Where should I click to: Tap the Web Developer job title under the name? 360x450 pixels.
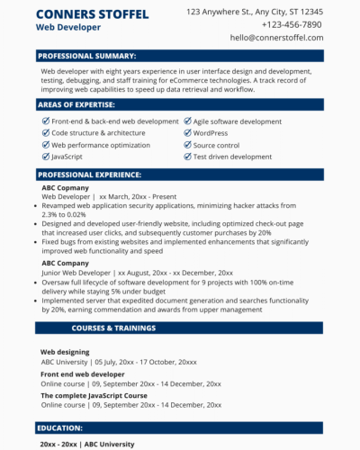67,28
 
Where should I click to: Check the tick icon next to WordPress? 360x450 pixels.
187,133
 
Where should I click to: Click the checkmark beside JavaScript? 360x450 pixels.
46,157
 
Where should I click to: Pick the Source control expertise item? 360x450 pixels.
216,145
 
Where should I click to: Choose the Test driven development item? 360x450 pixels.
232,157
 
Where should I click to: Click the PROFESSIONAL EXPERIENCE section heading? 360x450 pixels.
91,174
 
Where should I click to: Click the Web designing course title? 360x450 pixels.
65,352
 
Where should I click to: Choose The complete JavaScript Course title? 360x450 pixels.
94,395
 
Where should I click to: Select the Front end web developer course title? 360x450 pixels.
83,373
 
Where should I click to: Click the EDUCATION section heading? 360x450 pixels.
61,428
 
